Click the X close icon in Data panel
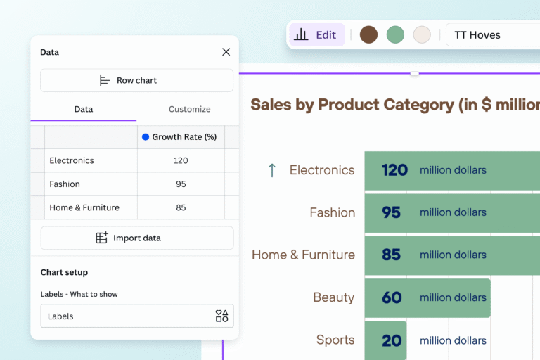[x=226, y=52]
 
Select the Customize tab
[x=189, y=109]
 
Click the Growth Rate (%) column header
[x=180, y=137]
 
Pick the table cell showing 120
[x=181, y=160]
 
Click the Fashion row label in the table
[x=65, y=184]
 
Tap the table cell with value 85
[x=181, y=207]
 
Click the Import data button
[x=137, y=238]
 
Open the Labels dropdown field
[x=137, y=316]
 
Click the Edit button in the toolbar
[x=316, y=34]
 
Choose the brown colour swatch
[x=368, y=34]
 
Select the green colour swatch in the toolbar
[x=395, y=34]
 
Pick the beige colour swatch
[x=422, y=34]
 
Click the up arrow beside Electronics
[x=272, y=170]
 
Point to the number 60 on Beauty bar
[x=392, y=297]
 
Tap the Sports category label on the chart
[x=335, y=340]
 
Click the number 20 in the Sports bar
[x=392, y=340]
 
